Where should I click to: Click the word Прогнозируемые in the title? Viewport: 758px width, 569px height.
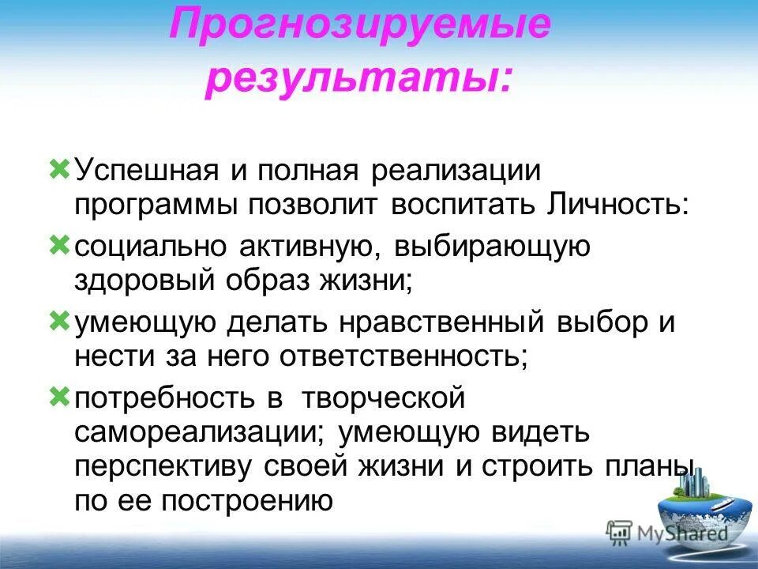(359, 25)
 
